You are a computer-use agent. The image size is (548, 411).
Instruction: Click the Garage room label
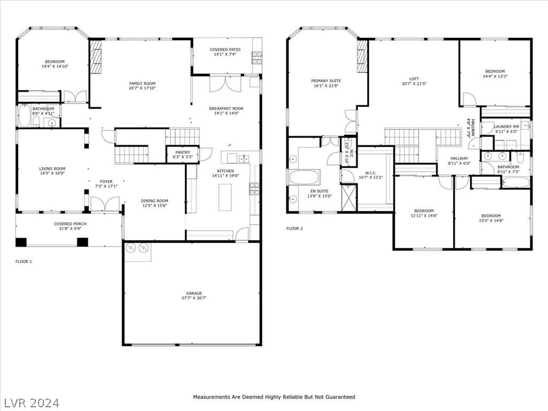click(x=194, y=293)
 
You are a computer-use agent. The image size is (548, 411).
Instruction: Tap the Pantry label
click(x=182, y=153)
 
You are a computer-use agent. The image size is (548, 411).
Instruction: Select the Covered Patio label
click(x=225, y=50)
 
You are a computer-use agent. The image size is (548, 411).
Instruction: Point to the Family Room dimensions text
click(x=142, y=88)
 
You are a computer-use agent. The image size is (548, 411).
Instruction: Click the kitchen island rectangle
click(x=225, y=197)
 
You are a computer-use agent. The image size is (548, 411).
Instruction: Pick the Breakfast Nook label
click(x=226, y=108)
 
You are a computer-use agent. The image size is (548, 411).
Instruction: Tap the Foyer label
click(x=106, y=181)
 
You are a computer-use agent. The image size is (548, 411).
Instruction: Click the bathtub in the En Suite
click(x=305, y=177)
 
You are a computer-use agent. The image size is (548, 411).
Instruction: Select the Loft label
click(x=414, y=79)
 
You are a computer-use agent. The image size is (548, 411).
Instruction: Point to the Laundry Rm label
click(x=506, y=126)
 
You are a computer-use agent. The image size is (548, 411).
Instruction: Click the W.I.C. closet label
click(x=371, y=173)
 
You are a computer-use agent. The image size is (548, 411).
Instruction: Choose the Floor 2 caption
click(x=295, y=229)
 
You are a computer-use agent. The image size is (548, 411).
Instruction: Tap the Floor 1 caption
click(x=24, y=261)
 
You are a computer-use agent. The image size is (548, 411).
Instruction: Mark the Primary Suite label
click(x=326, y=81)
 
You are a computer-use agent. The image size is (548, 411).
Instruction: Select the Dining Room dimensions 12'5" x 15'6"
click(x=155, y=205)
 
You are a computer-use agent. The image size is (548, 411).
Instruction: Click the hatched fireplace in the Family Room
click(x=95, y=57)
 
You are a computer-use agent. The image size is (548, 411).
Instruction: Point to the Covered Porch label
click(x=70, y=224)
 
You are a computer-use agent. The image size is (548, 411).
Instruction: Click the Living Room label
click(x=52, y=169)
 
